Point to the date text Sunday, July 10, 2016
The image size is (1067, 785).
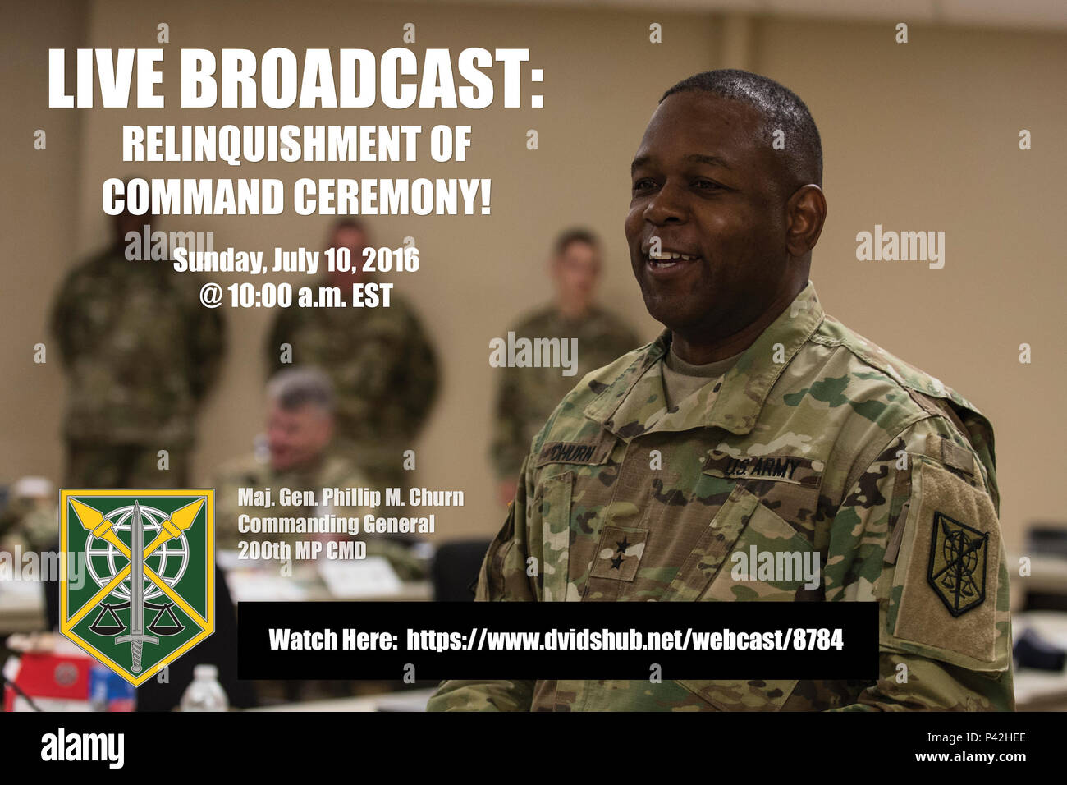(295, 260)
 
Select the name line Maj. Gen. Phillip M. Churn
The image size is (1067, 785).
(350, 498)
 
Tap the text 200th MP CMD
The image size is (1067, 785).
(301, 551)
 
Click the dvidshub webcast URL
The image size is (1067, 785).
(625, 640)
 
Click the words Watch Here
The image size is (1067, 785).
(332, 640)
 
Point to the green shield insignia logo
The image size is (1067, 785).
(137, 587)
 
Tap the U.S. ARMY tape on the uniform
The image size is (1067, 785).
(760, 469)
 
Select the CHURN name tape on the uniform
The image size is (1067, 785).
(574, 454)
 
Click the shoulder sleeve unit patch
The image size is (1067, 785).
(958, 564)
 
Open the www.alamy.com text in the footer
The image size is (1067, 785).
(970, 757)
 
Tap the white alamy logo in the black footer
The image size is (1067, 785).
(82, 747)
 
